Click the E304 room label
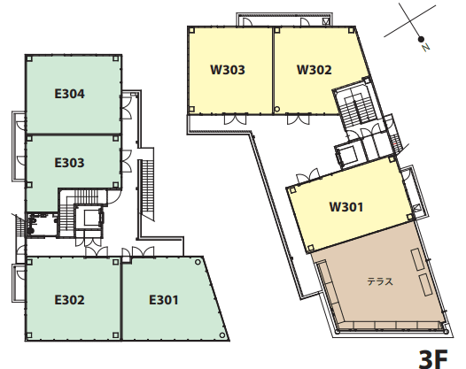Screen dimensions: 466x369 (69, 94)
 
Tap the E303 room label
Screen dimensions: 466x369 (69, 163)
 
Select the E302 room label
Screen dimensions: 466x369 (69, 300)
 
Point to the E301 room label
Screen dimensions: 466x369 (164, 300)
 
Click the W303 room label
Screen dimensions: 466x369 (228, 70)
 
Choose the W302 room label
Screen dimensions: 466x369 (315, 70)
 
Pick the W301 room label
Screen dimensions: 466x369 (346, 207)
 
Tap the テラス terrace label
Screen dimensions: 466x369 (380, 281)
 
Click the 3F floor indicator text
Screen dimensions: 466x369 (433, 359)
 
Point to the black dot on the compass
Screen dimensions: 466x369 (421, 39)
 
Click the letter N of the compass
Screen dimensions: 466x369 (426, 47)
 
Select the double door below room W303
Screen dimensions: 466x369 (235, 119)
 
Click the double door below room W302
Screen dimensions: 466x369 (298, 119)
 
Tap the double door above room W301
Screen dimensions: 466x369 (309, 175)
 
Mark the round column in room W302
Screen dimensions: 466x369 (277, 109)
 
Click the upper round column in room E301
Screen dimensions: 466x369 (198, 262)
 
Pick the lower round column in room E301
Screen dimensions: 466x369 (222, 335)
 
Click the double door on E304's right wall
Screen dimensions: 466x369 (126, 108)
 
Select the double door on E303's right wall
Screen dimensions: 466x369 (126, 161)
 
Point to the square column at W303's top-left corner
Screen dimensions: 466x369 (191, 30)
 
